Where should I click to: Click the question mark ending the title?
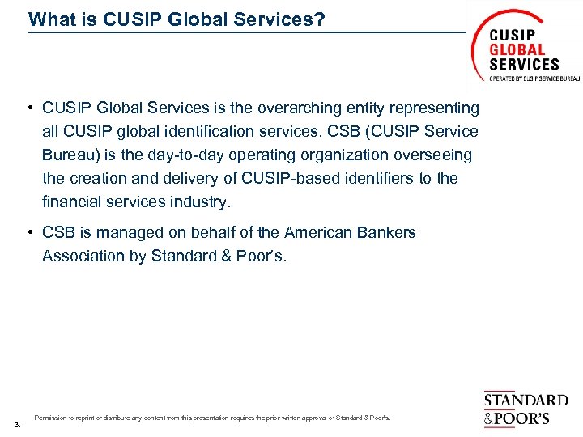[320, 19]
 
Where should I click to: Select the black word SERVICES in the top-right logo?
[524, 63]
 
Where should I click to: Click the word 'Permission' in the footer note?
[49, 418]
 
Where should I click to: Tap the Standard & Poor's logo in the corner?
[526, 409]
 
